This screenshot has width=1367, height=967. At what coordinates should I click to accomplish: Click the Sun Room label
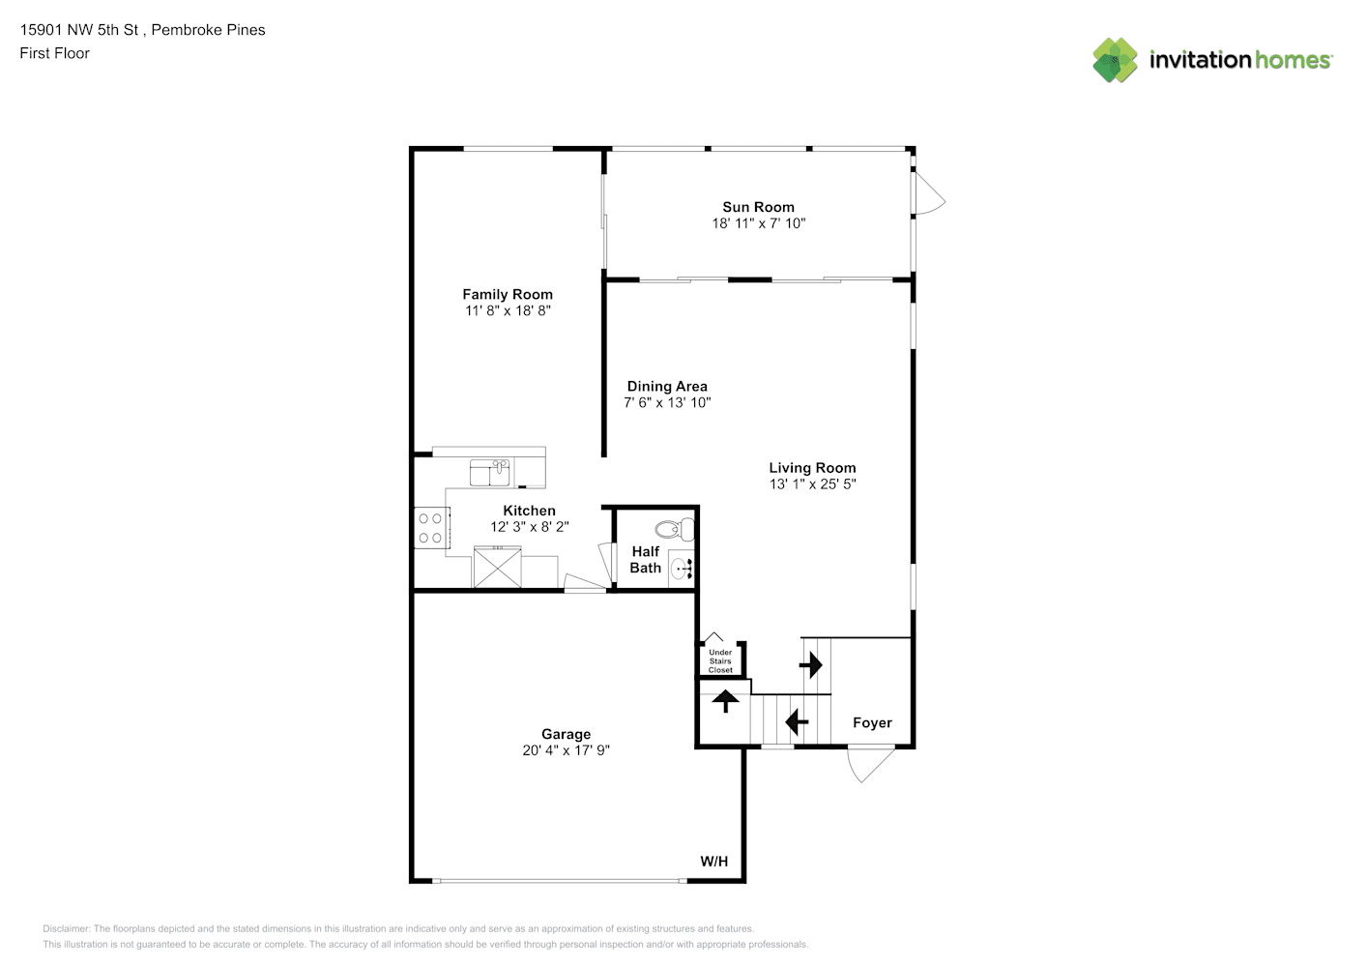(758, 208)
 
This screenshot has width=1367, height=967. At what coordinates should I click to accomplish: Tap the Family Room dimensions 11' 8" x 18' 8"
(508, 310)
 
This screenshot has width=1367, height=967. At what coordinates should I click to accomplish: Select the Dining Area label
(667, 387)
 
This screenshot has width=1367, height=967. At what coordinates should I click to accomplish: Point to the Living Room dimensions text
(812, 484)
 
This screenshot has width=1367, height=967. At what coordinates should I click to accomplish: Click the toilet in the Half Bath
(675, 529)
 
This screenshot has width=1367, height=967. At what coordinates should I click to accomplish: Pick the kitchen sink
(489, 473)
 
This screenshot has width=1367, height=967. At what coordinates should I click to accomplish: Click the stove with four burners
(432, 528)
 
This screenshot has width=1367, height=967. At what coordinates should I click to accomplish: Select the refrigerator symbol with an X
(497, 568)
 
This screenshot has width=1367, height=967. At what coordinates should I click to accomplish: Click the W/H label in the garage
(713, 862)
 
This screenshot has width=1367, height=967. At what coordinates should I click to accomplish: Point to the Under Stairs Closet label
(720, 661)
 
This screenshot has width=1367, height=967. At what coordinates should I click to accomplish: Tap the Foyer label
(872, 722)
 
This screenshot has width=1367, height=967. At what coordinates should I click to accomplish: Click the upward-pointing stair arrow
(725, 701)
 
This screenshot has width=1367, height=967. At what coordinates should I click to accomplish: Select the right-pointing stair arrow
(811, 664)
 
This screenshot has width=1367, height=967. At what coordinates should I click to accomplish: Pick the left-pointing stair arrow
(797, 722)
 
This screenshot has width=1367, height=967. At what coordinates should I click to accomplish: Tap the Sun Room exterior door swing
(929, 192)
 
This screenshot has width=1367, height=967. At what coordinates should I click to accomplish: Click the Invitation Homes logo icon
(1115, 60)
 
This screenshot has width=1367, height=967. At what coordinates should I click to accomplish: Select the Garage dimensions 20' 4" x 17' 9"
(566, 750)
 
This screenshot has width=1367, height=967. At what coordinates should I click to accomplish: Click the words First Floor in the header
(54, 54)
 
